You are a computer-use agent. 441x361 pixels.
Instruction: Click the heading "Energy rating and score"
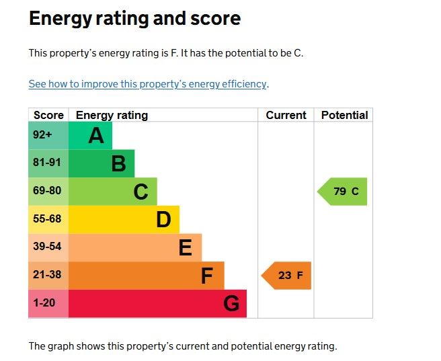click(x=134, y=19)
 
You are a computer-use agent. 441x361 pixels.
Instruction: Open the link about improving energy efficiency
click(x=148, y=84)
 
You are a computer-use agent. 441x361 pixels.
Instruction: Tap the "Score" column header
click(x=48, y=115)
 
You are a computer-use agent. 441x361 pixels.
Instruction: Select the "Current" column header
click(x=286, y=115)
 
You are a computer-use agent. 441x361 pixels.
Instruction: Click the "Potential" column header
click(x=344, y=115)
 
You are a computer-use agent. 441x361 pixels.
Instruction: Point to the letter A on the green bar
click(x=96, y=136)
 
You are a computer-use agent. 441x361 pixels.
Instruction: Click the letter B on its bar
click(x=118, y=163)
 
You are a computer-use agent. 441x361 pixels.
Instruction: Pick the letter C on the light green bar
click(x=141, y=192)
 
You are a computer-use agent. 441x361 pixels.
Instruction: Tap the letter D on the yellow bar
click(x=163, y=219)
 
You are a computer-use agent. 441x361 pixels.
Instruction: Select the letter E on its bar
click(x=186, y=247)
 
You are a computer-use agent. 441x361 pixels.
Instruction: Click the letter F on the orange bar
click(x=207, y=276)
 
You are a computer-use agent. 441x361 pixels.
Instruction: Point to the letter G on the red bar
click(x=231, y=304)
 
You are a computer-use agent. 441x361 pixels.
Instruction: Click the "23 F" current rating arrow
click(x=287, y=276)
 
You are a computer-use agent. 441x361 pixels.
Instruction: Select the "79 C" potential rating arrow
click(x=344, y=192)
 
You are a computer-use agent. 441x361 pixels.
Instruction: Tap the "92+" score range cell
click(x=42, y=135)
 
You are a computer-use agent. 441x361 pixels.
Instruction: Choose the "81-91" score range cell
click(x=47, y=163)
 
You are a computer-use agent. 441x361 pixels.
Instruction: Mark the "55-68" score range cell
click(x=47, y=219)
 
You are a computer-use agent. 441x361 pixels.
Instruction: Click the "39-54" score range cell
click(x=47, y=247)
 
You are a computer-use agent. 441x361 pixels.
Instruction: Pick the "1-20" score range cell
click(x=44, y=303)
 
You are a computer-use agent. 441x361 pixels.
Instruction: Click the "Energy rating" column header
click(x=112, y=115)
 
